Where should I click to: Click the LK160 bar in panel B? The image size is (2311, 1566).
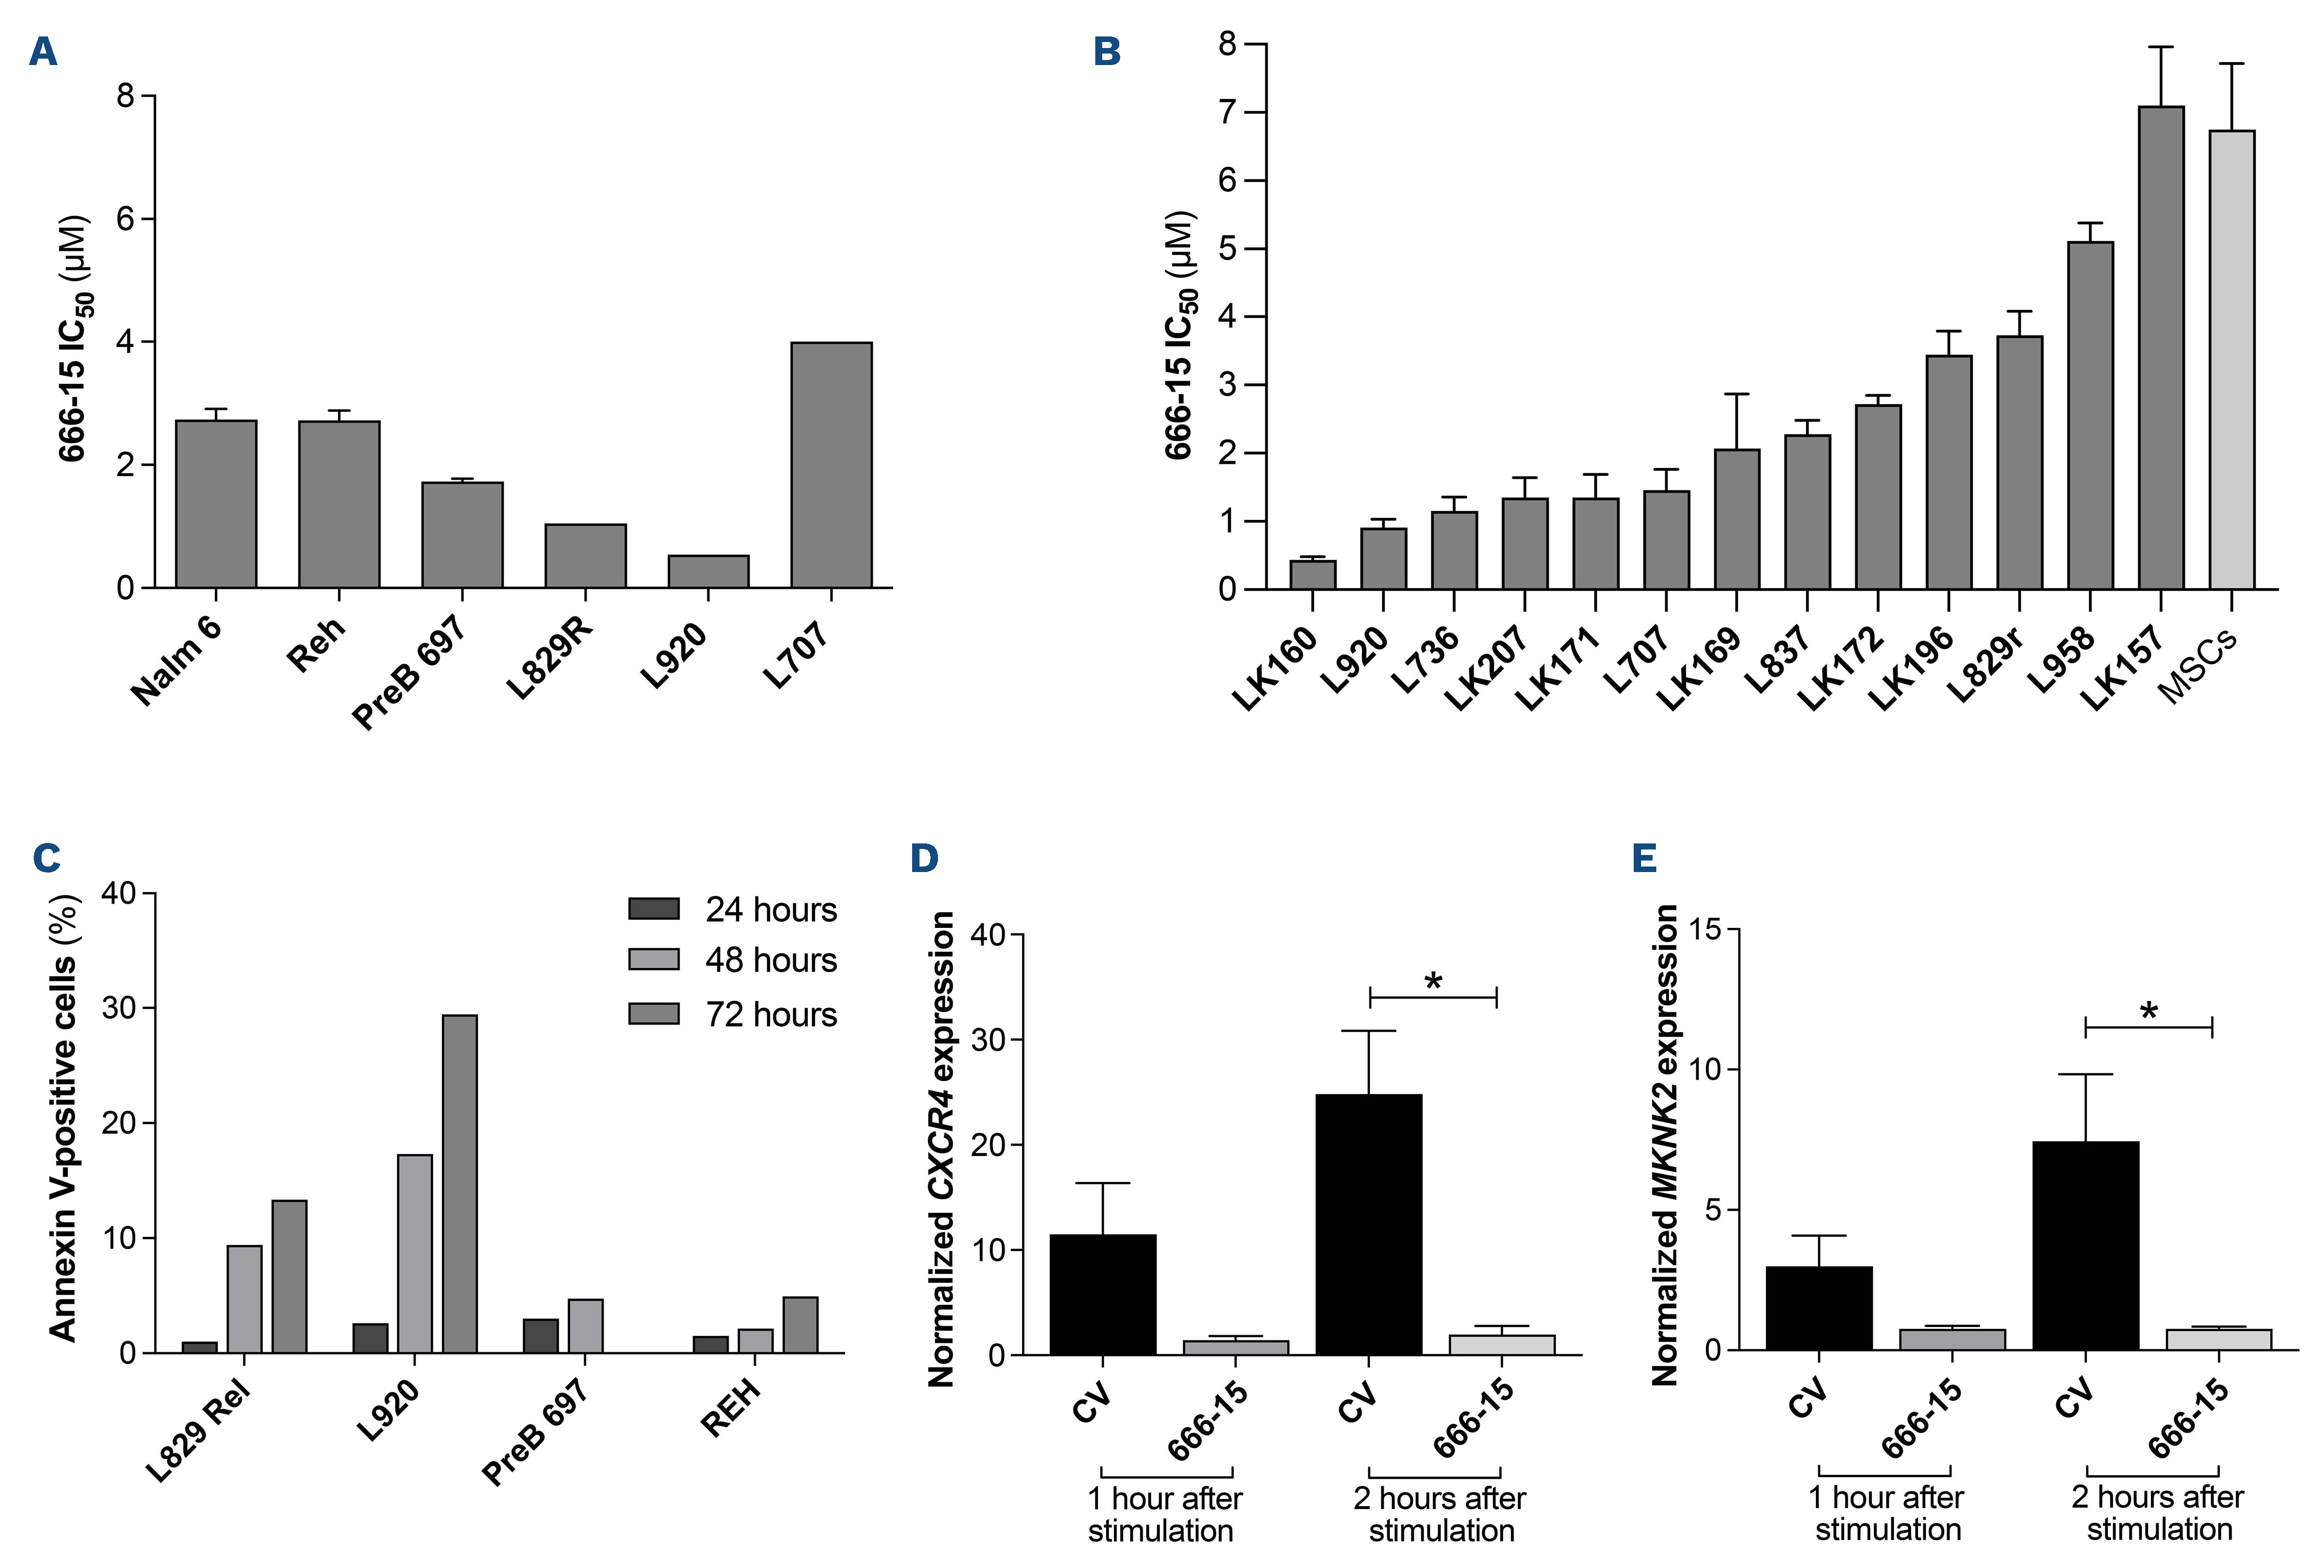[x=1313, y=575]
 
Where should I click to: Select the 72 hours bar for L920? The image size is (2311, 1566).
[x=460, y=1183]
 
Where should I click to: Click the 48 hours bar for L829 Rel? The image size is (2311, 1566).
[x=245, y=1298]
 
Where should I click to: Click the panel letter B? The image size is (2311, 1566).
[x=1107, y=52]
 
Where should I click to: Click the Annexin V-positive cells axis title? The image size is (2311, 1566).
[x=62, y=1118]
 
